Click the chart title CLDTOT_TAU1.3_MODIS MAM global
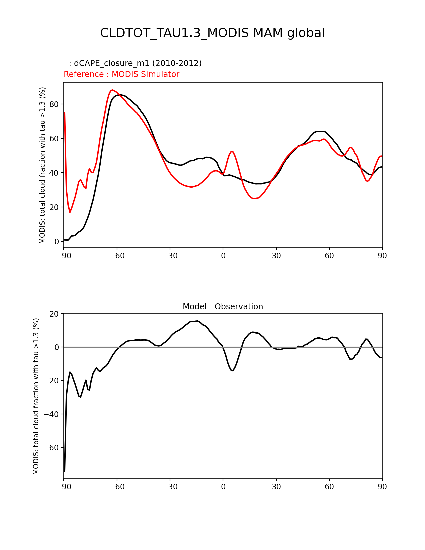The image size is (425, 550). (212, 33)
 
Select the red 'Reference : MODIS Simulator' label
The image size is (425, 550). (121, 74)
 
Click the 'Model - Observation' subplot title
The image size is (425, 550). (223, 307)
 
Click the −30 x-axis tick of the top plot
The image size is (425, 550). (170, 256)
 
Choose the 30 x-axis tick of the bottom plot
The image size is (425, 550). (276, 487)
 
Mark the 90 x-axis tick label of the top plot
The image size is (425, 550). (382, 256)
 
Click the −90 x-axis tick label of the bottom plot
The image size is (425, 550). (64, 487)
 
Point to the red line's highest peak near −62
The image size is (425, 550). (112, 90)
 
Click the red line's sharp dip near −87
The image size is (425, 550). (70, 212)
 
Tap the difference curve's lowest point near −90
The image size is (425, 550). (64, 471)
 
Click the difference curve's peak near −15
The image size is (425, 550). (197, 321)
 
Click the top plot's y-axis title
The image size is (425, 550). (42, 165)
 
